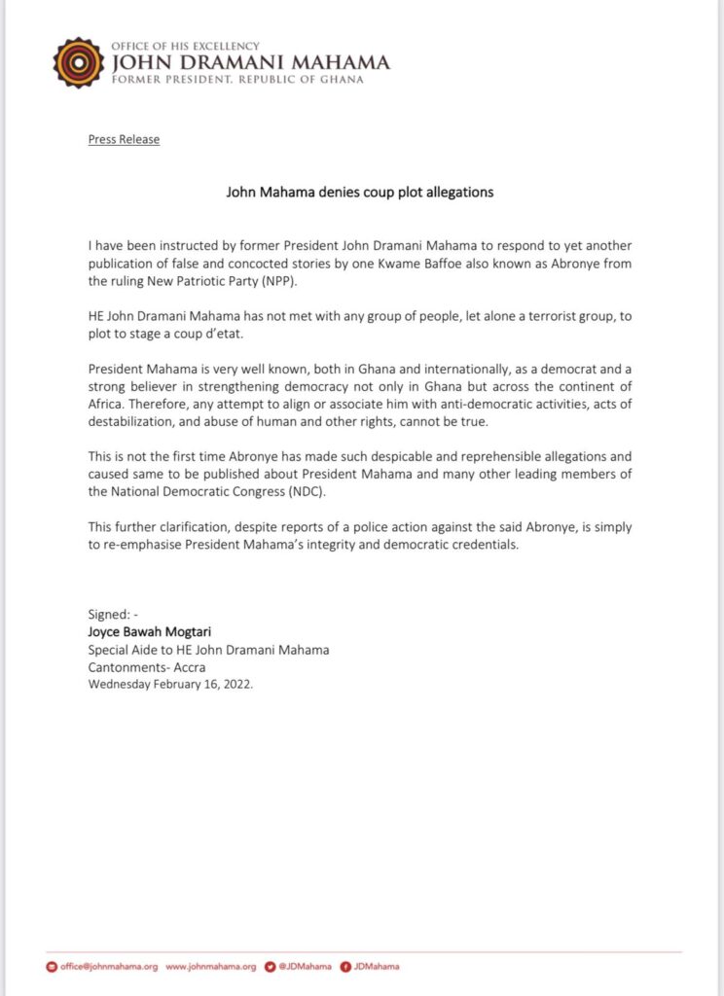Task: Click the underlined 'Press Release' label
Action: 124,139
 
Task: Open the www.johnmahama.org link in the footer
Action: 211,967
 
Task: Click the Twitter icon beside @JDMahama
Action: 271,967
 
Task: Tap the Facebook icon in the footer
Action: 345,967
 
